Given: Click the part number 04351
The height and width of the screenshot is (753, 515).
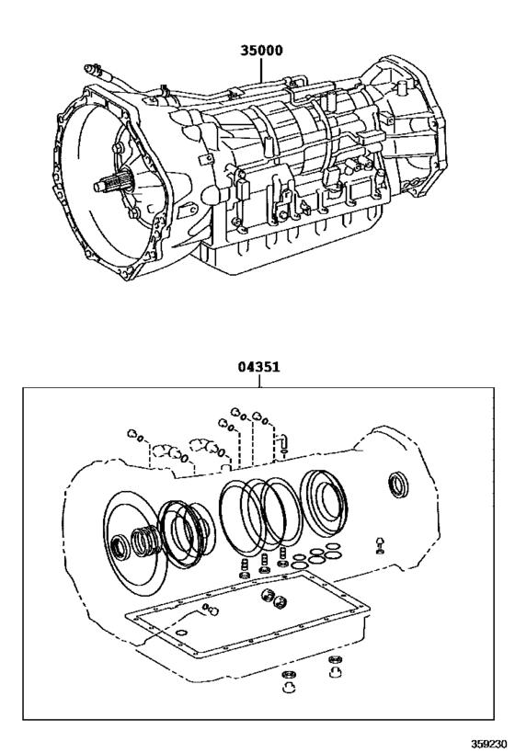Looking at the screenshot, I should (260, 367).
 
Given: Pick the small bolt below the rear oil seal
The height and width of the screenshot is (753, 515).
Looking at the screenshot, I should (378, 544).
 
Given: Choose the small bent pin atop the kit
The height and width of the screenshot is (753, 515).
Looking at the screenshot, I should (284, 441).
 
